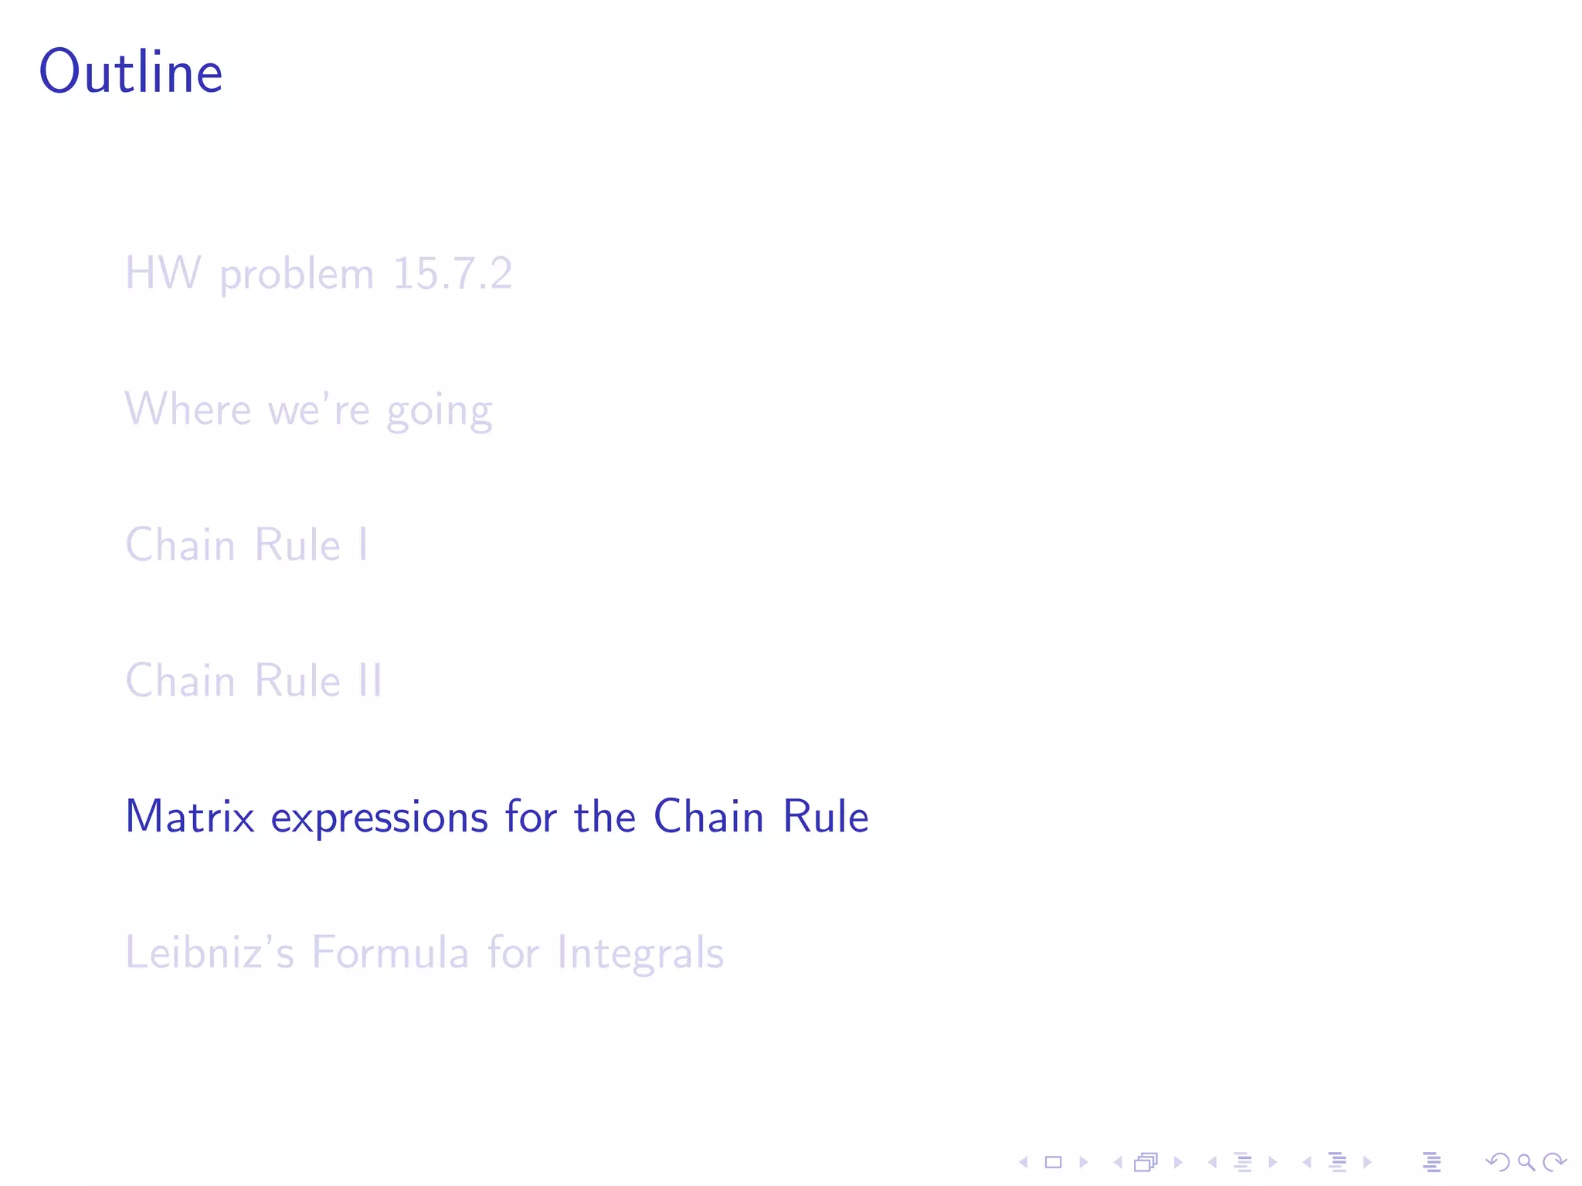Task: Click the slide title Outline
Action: [131, 72]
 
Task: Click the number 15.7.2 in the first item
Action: [452, 273]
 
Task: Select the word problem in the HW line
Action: [297, 275]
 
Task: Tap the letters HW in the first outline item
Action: [162, 273]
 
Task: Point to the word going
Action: [439, 411]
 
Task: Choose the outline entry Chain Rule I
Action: [246, 544]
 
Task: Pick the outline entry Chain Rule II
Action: [253, 680]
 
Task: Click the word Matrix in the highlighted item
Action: [190, 816]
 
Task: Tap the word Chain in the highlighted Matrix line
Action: [708, 816]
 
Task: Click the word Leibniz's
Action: [209, 952]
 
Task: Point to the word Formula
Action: [390, 952]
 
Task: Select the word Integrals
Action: [640, 954]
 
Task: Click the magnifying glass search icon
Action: [1526, 1162]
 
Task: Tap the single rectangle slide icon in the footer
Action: [1053, 1162]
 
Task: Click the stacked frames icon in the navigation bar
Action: [1146, 1162]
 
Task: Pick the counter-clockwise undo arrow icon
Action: [1498, 1162]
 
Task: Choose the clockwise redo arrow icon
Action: [1553, 1162]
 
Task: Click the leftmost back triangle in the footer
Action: [1024, 1162]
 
